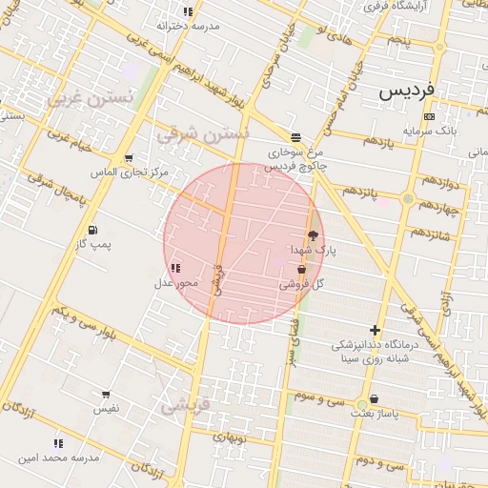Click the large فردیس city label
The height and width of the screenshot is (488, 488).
407,91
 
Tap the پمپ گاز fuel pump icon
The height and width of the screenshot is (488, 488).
92,230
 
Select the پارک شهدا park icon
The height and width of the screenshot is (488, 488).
312,234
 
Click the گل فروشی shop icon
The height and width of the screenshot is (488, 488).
301,271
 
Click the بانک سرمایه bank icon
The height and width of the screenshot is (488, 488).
429,116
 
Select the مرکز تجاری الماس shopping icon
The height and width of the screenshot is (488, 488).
129,158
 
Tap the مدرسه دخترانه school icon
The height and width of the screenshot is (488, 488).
188,11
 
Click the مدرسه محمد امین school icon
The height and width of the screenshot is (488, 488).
58,443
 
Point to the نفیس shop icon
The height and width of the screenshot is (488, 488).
106,395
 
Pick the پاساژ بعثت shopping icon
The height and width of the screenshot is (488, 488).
373,399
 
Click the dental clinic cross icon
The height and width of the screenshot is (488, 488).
375,330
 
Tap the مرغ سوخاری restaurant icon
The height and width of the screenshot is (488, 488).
295,137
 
